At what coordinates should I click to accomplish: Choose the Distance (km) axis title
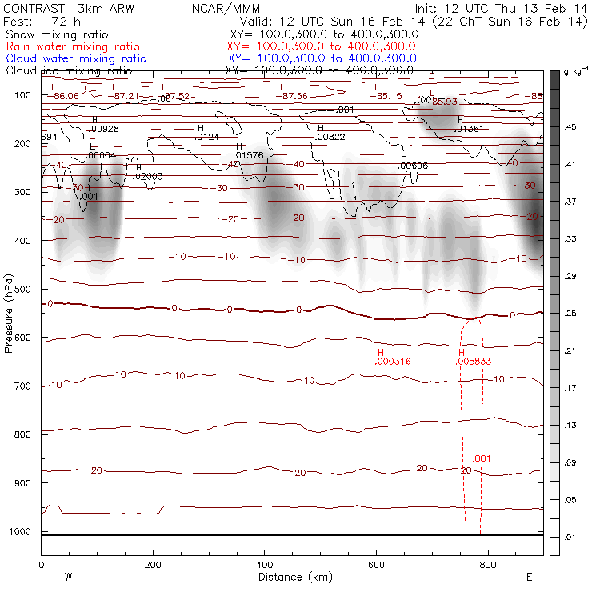coord(291,577)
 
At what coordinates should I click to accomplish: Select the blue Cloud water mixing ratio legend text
coord(76,58)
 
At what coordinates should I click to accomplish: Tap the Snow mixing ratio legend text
coord(56,35)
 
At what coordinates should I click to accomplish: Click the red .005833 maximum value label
coord(473,362)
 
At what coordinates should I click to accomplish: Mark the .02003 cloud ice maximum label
coord(148,176)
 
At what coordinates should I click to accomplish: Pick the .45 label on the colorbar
coord(572,126)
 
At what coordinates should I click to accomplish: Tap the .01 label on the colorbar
coord(571,537)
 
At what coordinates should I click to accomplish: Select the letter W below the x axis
coord(68,577)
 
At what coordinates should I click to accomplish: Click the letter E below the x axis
coord(529,577)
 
